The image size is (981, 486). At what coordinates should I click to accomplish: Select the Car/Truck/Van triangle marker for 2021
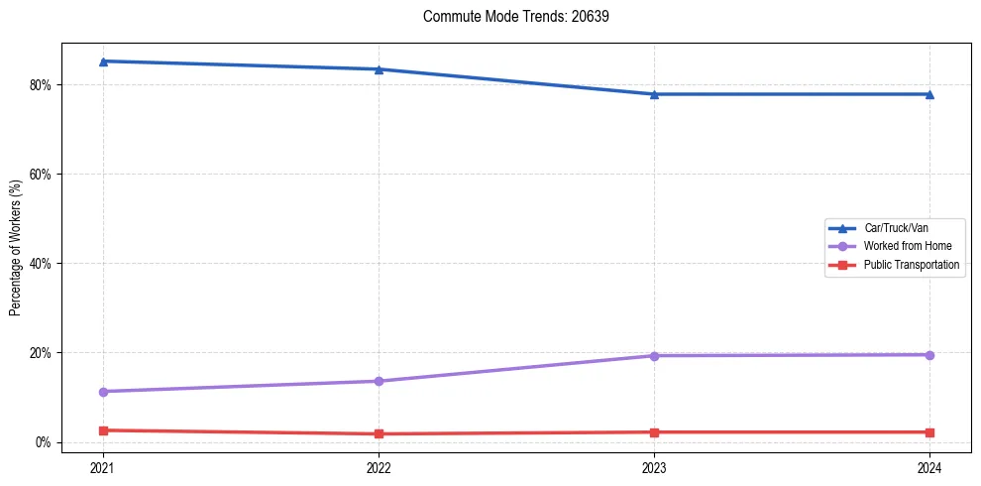(x=103, y=61)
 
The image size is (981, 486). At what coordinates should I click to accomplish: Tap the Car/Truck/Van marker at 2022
(x=379, y=69)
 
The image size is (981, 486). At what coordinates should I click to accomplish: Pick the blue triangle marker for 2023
(x=654, y=94)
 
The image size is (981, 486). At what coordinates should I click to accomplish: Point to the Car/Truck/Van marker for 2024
(x=929, y=94)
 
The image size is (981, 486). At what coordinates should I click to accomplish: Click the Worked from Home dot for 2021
(x=103, y=392)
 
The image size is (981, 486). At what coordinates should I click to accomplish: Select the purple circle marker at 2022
(x=379, y=381)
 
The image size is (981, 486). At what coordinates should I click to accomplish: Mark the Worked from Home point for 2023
(x=654, y=356)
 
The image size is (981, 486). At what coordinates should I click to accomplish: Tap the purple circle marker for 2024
(x=929, y=355)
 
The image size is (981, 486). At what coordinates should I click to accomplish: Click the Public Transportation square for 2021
(x=103, y=430)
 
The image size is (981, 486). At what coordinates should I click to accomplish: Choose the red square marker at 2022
(x=379, y=433)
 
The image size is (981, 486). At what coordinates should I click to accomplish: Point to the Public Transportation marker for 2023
(x=654, y=432)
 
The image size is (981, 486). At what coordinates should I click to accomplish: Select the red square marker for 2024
(x=929, y=432)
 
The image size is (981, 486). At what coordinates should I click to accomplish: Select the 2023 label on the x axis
(x=654, y=467)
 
